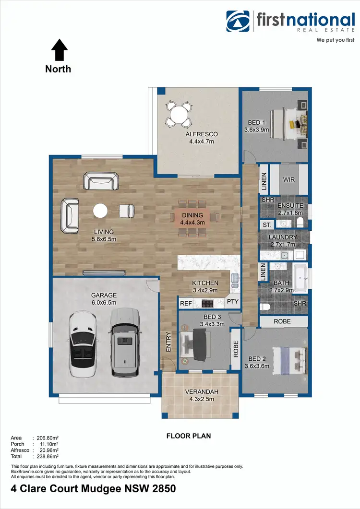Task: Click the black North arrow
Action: click(x=59, y=50)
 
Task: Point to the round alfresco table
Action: click(x=179, y=115)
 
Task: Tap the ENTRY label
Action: click(x=168, y=343)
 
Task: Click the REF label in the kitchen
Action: click(x=185, y=303)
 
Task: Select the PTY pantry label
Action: click(x=232, y=302)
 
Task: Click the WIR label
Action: click(x=289, y=179)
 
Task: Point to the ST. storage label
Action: click(x=266, y=225)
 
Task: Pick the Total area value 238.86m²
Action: click(x=45, y=456)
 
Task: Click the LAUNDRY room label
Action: click(x=283, y=237)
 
